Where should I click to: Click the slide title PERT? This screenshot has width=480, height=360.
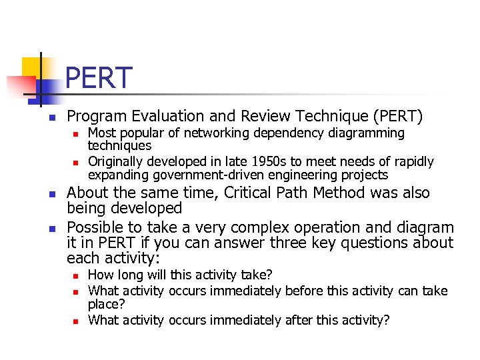tap(99, 77)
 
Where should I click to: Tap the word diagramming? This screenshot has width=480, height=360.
tap(367, 133)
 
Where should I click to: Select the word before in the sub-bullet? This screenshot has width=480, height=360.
tap(306, 291)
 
